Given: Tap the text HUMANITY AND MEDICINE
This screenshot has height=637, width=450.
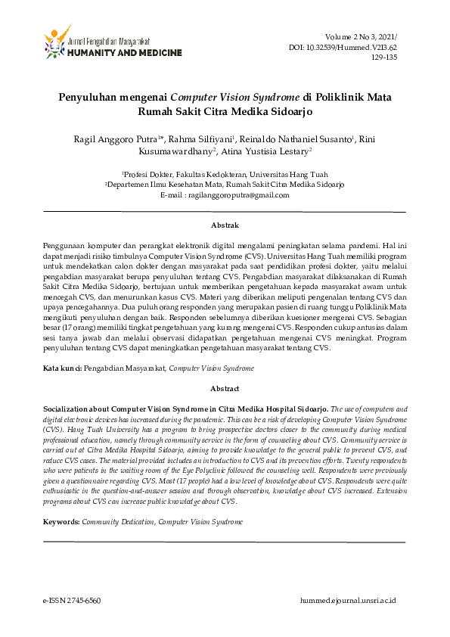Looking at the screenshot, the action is coord(125,53).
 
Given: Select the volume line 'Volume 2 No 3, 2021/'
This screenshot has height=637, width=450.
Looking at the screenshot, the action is coord(362,37).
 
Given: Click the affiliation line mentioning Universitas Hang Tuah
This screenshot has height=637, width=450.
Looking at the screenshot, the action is coord(224,173).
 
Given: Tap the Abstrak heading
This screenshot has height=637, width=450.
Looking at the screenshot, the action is coord(224,225).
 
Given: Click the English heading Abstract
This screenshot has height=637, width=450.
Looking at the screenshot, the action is coord(224,387).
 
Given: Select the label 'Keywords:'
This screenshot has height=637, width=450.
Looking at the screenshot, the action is coord(61,522).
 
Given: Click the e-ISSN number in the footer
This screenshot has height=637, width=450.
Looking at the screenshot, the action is coord(71,600).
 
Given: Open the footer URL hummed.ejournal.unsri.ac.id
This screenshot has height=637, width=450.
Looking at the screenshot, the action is coord(348,600).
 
